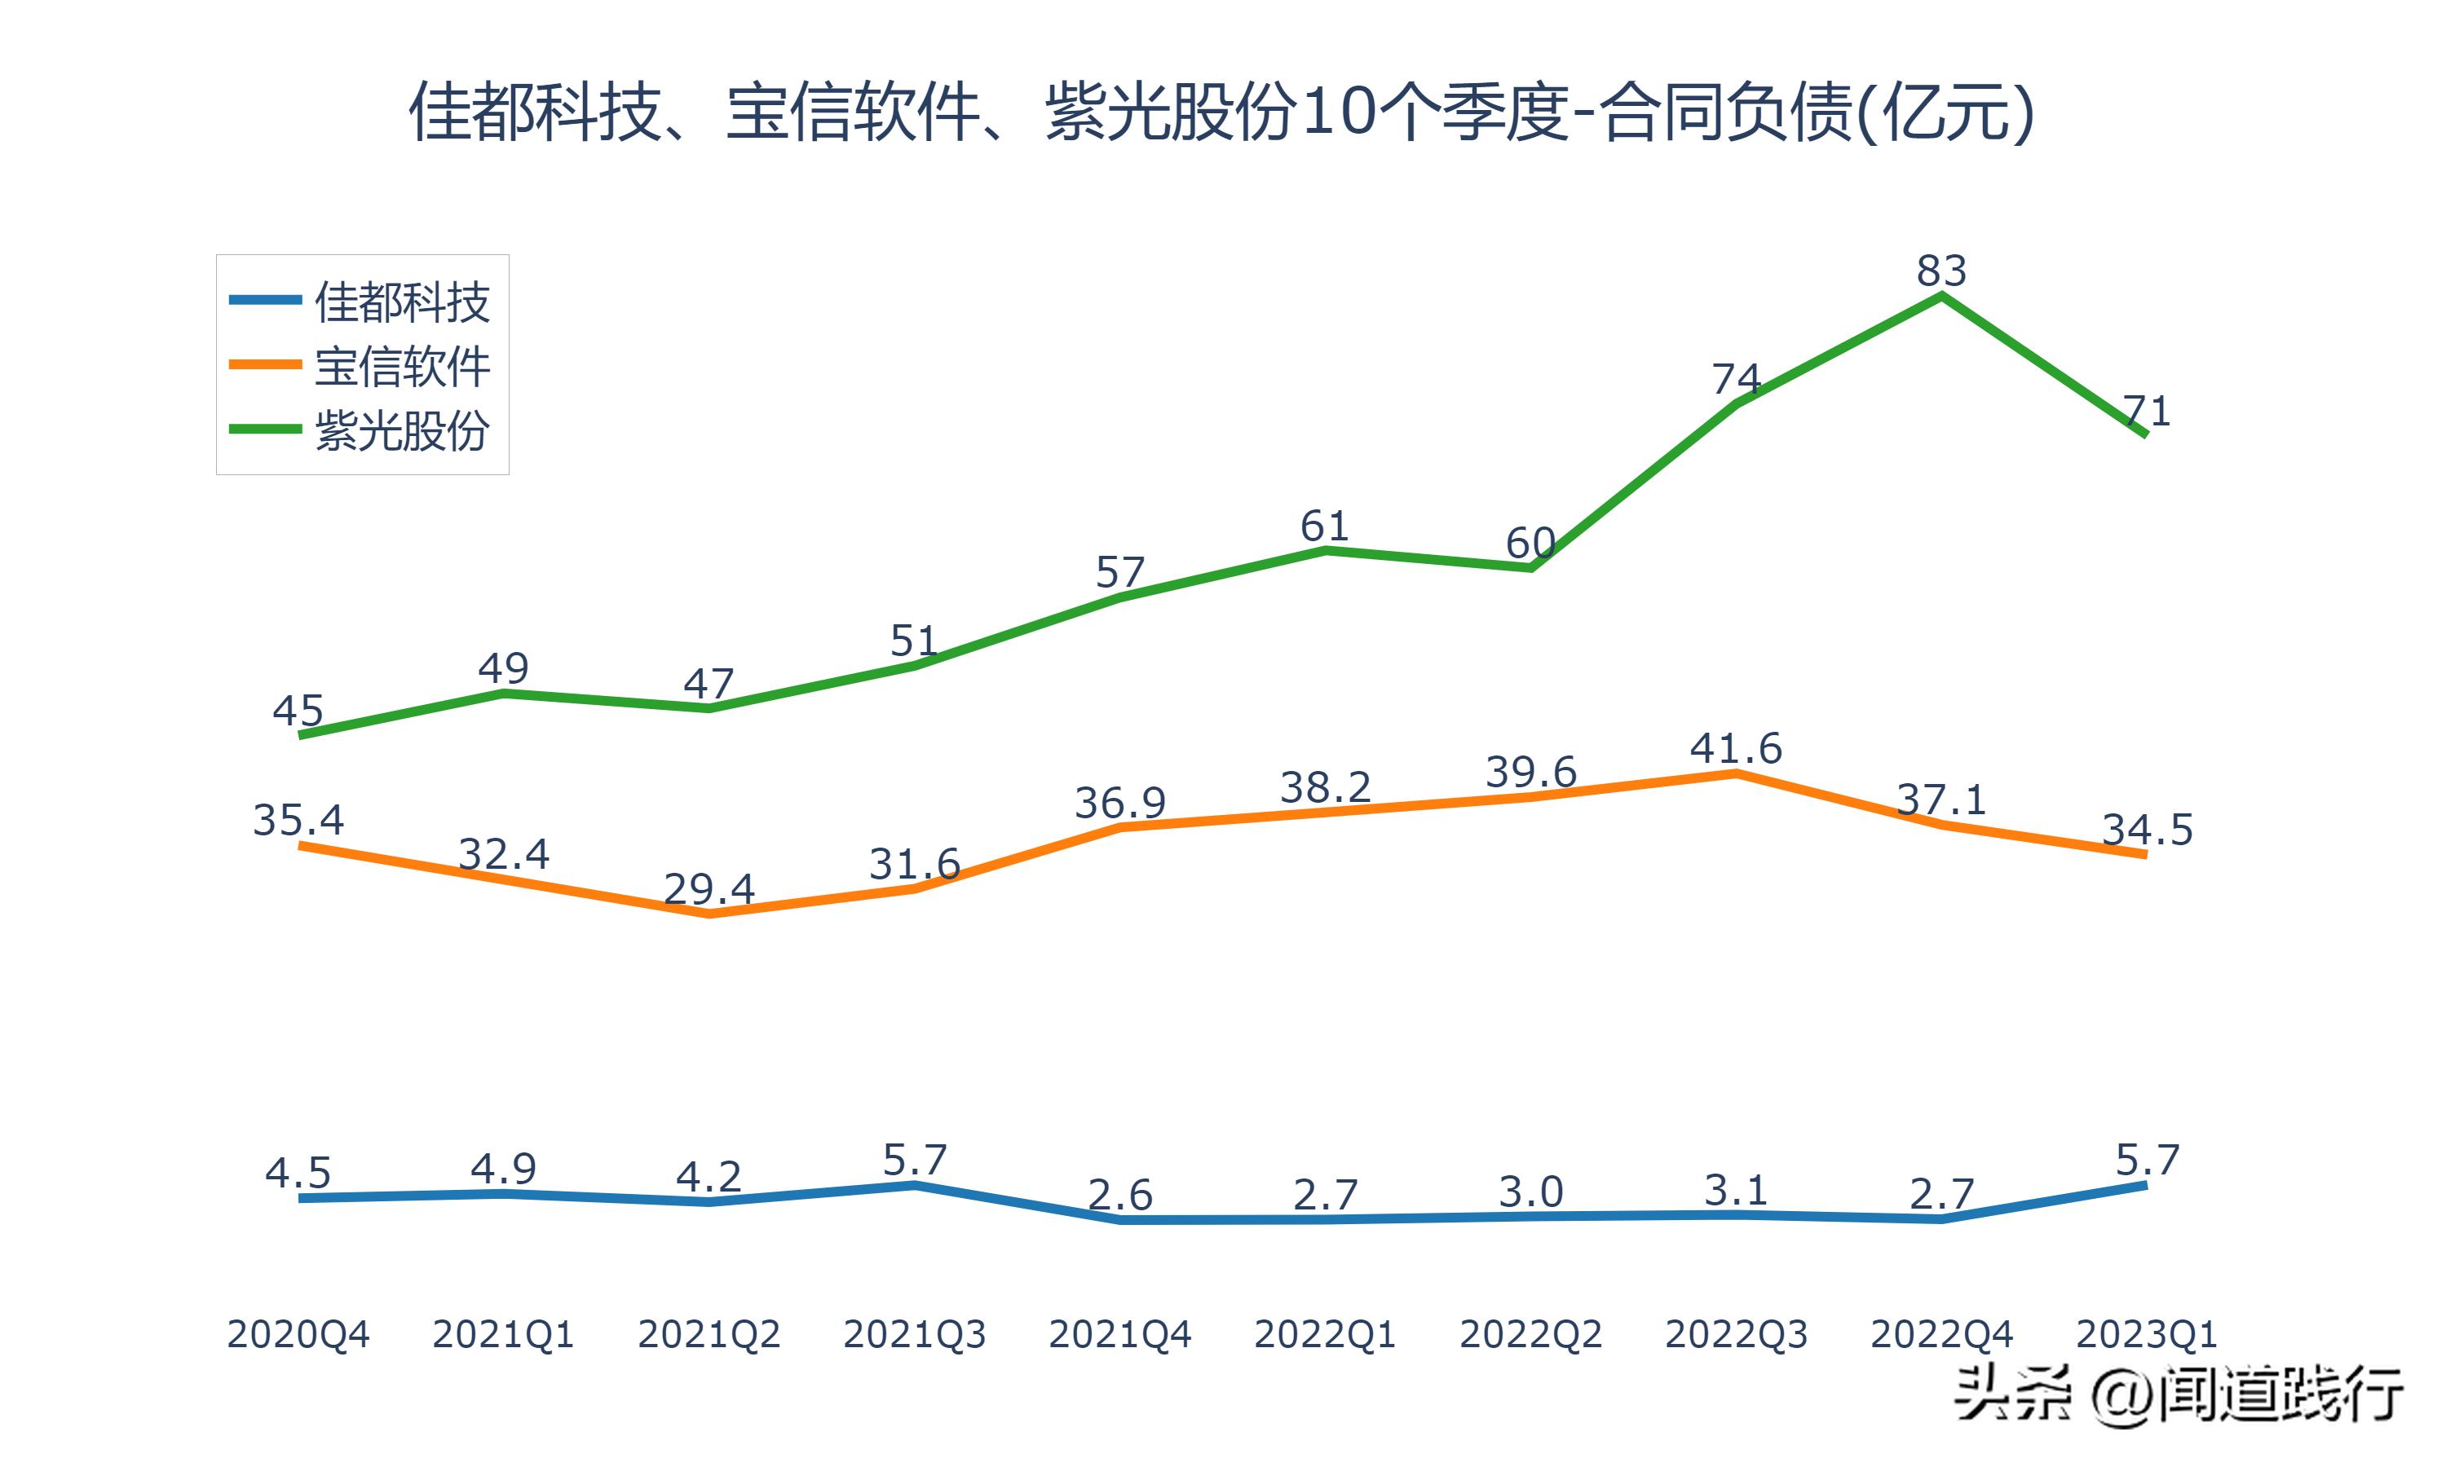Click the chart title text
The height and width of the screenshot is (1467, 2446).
click(1222, 112)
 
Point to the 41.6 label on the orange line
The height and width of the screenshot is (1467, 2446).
click(1735, 748)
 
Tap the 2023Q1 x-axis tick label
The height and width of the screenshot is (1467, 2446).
click(2145, 1334)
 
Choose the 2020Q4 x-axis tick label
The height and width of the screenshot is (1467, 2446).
click(298, 1334)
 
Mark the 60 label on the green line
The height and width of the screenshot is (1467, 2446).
click(1530, 543)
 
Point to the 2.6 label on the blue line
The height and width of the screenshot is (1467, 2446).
click(1119, 1195)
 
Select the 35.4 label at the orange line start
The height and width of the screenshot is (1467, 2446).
click(298, 820)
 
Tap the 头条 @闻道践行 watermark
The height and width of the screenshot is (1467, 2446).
click(2178, 1394)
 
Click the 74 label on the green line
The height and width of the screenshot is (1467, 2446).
click(1735, 379)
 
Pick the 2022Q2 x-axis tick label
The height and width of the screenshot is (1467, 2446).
click(1530, 1334)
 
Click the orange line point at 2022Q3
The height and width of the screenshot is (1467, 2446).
click(1735, 773)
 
